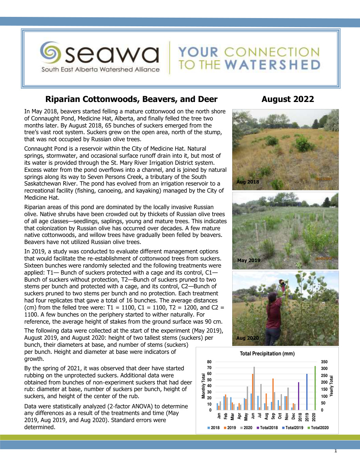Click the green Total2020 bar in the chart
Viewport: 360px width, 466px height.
[315, 388]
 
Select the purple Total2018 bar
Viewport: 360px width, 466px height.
[298, 396]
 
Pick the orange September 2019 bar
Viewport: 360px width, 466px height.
[273, 394]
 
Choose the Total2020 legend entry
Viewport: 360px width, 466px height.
[318, 427]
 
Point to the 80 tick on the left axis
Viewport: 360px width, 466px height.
[209, 362]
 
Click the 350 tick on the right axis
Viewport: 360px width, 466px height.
[324, 362]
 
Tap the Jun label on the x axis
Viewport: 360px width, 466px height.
[253, 416]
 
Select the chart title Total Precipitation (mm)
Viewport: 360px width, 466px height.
[267, 353]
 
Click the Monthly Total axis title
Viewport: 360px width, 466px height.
[204, 386]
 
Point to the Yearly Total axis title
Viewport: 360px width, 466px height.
[331, 386]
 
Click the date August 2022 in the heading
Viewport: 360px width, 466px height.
[288, 99]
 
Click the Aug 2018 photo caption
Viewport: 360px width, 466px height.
[248, 182]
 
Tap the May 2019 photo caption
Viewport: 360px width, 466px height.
[249, 260]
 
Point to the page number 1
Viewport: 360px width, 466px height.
[336, 451]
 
